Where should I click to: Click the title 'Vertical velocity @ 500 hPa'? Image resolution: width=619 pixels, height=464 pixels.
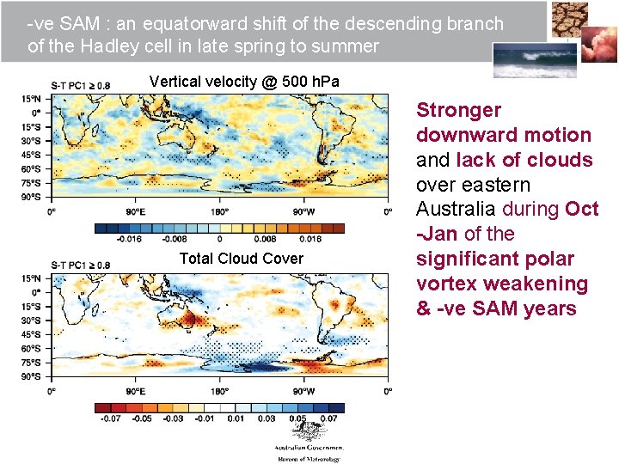[x=244, y=82]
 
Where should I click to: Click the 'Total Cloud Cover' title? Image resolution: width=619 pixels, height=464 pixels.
[x=241, y=258]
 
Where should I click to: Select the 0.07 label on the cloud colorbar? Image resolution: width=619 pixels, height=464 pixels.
[x=328, y=418]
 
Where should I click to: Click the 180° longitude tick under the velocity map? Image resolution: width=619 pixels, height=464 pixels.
[x=219, y=211]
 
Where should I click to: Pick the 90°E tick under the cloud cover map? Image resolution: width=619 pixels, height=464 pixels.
[x=134, y=391]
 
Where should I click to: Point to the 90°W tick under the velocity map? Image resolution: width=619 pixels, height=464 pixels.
[x=303, y=211]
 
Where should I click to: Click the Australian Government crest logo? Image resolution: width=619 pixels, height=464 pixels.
[x=308, y=437]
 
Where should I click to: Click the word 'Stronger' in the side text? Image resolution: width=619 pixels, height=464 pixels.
[x=458, y=110]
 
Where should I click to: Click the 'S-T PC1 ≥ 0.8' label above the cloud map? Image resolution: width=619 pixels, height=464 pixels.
[x=80, y=266]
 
